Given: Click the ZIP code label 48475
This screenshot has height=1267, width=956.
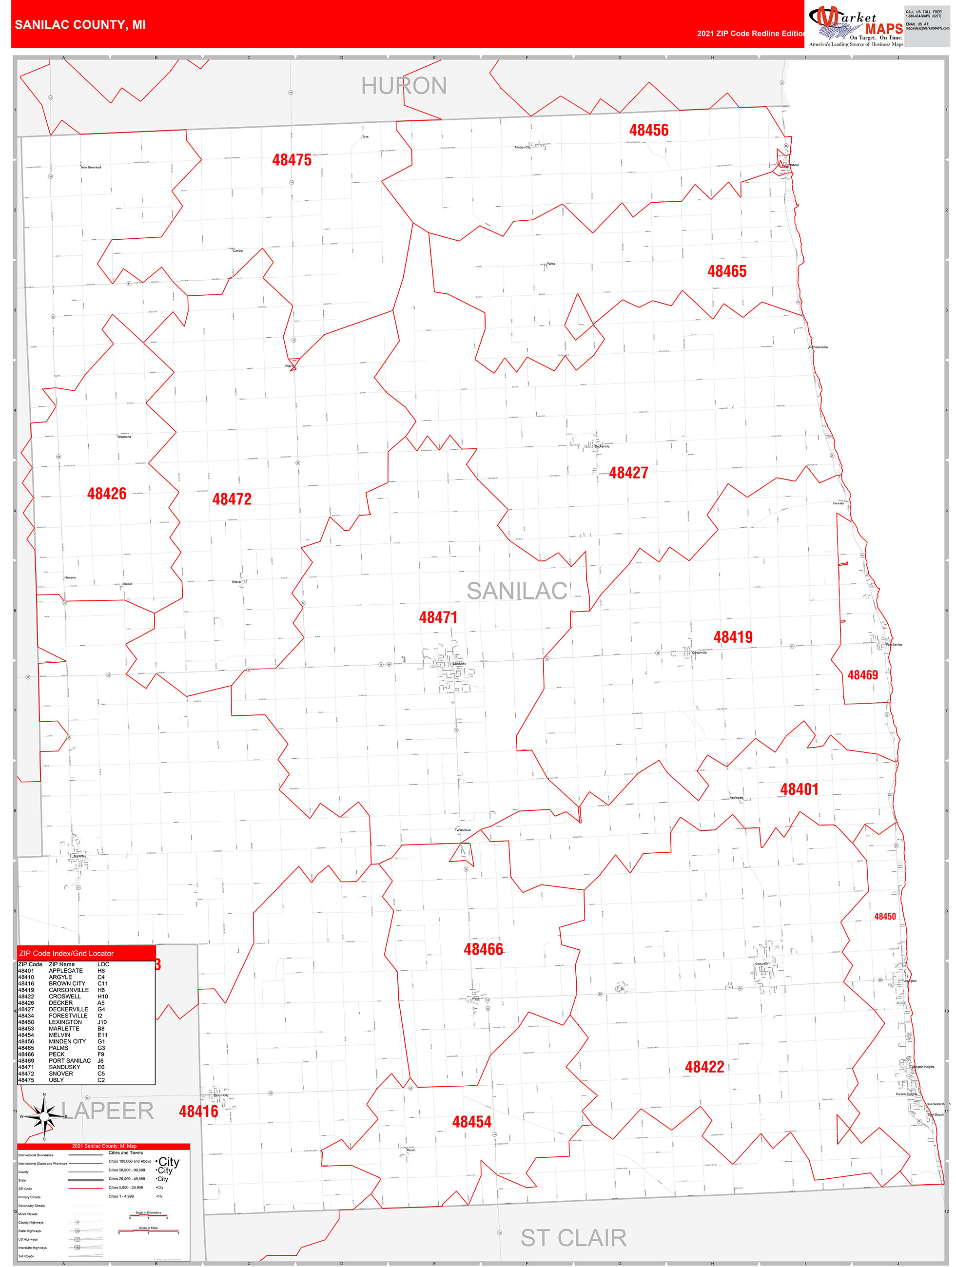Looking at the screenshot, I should pyautogui.click(x=292, y=160).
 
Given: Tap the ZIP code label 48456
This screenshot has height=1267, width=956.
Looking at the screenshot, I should pyautogui.click(x=649, y=130).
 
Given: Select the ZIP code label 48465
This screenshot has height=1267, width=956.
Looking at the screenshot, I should pyautogui.click(x=727, y=271).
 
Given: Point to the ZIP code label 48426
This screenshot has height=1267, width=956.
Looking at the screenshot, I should pyautogui.click(x=107, y=493).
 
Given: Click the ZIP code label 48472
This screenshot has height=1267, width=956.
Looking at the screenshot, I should pyautogui.click(x=232, y=499).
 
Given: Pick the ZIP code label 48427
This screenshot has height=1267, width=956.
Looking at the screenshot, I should pyautogui.click(x=628, y=473).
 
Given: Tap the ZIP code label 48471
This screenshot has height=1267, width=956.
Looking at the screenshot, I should pyautogui.click(x=438, y=617).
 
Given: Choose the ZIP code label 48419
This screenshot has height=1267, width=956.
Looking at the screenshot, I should pyautogui.click(x=732, y=636).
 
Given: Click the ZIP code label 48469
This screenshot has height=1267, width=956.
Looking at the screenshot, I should pyautogui.click(x=862, y=675).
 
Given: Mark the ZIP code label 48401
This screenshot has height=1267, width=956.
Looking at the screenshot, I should pyautogui.click(x=799, y=789).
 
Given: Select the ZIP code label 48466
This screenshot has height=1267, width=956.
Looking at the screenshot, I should pyautogui.click(x=483, y=949).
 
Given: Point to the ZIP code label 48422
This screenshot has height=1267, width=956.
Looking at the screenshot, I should pyautogui.click(x=704, y=1067).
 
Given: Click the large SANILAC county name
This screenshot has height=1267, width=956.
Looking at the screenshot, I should pyautogui.click(x=517, y=591).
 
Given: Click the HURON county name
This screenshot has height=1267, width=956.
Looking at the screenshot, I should pyautogui.click(x=404, y=86).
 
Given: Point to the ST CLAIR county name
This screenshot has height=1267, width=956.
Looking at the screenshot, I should pyautogui.click(x=573, y=1238).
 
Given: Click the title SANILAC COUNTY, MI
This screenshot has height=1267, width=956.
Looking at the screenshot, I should pyautogui.click(x=80, y=25).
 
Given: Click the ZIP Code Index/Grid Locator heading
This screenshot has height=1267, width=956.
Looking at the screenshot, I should pyautogui.click(x=66, y=953).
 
